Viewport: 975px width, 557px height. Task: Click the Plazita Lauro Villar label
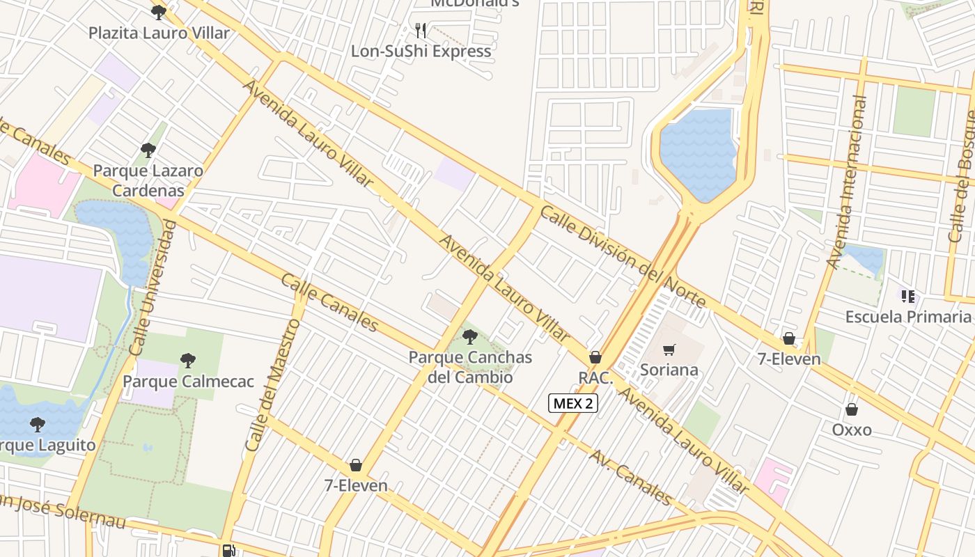[159, 33]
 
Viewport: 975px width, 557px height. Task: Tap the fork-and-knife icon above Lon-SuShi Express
[420, 30]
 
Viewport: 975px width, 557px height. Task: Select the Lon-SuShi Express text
[421, 51]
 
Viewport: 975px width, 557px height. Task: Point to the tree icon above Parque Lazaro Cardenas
[148, 150]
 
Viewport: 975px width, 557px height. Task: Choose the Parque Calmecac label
[188, 382]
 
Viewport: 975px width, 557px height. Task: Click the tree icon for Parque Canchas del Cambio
[470, 338]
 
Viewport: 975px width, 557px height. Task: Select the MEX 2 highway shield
[572, 402]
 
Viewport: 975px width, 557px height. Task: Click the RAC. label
[595, 378]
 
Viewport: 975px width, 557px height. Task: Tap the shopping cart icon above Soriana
[669, 350]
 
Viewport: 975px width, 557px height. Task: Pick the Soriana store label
[669, 370]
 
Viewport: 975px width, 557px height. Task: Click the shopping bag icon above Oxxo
[851, 409]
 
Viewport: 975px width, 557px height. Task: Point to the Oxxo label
[852, 430]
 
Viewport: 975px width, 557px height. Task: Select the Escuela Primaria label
[909, 317]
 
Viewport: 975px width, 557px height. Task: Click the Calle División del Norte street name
[623, 257]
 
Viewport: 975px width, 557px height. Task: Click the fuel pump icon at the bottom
[228, 550]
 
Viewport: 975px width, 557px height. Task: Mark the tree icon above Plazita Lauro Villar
[159, 12]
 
